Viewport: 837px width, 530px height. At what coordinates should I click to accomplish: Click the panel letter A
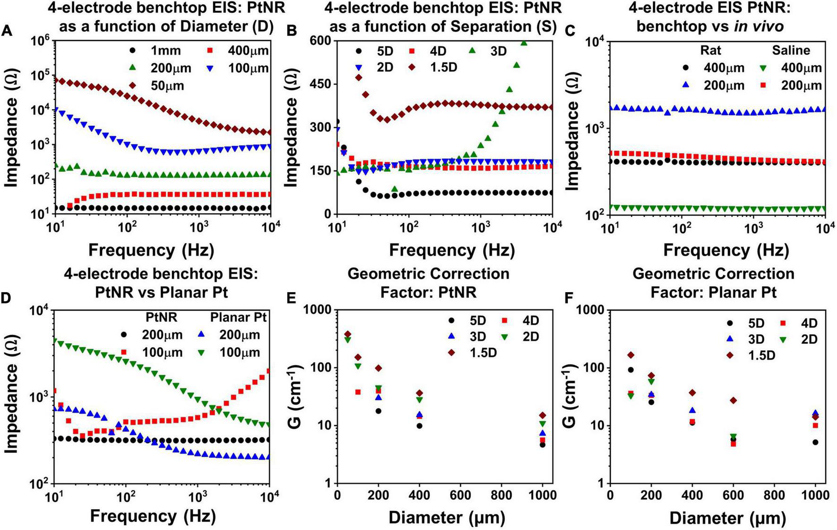pos(7,32)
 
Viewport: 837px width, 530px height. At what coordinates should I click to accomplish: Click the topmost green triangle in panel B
pos(523,43)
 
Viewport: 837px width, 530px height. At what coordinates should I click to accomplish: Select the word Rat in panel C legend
pos(711,50)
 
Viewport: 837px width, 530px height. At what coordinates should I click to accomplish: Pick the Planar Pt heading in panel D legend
pos(238,317)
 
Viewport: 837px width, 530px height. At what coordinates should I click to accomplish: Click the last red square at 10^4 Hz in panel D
pos(268,371)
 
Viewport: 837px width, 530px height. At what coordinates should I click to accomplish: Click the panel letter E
pos(291,298)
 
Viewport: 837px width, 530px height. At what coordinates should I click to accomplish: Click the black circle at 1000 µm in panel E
pos(543,444)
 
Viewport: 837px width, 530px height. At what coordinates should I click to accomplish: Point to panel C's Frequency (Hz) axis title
pos(726,250)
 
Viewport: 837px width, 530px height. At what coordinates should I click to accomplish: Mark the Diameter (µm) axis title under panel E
pos(446,518)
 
